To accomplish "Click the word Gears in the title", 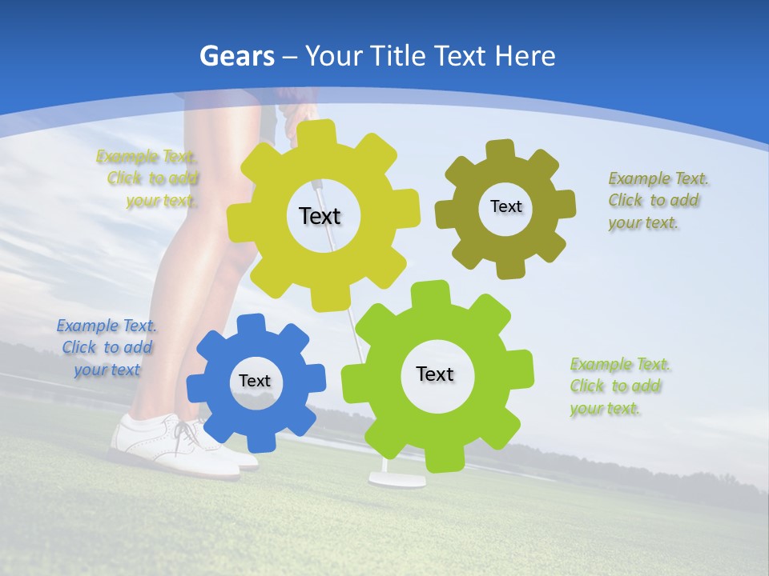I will coord(237,56).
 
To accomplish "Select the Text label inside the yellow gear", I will coord(320,216).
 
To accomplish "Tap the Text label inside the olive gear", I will coord(505,206).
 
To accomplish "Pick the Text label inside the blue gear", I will coord(255,382).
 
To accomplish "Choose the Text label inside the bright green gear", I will coord(435,374).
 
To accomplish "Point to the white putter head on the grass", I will coord(397,480).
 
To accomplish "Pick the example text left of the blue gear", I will coord(107,347).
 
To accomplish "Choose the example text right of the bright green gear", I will coord(618,386).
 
